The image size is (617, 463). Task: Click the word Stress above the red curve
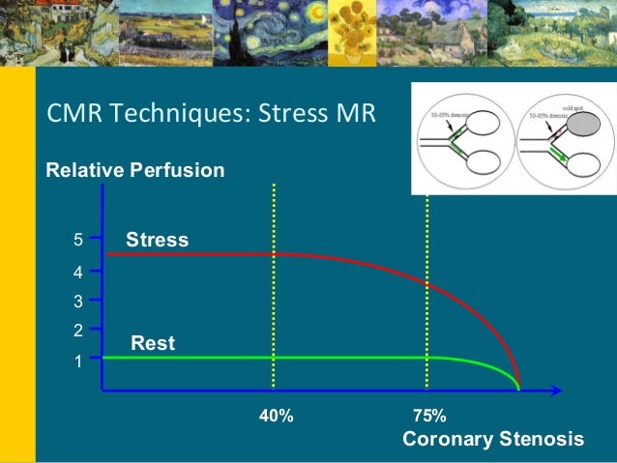157,239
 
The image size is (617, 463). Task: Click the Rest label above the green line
152,342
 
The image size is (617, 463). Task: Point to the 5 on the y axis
80,235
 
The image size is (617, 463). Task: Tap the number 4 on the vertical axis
80,273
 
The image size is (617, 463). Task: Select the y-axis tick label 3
80,302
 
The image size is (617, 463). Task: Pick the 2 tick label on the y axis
80,331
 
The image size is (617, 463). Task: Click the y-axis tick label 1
80,364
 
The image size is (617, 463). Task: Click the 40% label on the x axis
276,417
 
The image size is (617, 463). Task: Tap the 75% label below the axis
428,417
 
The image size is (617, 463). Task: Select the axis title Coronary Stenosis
492,440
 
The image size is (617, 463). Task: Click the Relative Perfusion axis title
135,171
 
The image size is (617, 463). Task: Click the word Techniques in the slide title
175,116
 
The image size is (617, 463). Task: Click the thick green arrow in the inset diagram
556,154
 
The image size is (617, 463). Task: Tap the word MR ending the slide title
357,116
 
